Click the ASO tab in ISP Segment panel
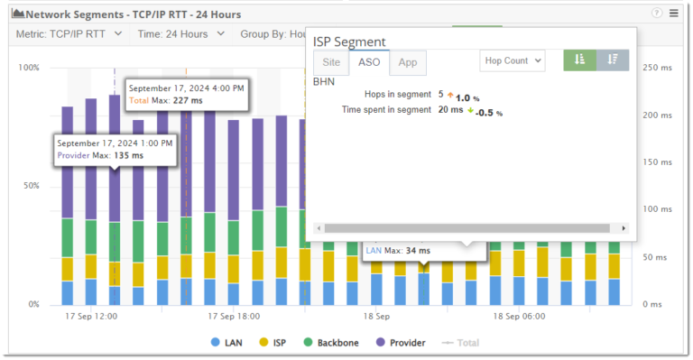369,62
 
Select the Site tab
330,62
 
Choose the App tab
408,62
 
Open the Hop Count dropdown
512,60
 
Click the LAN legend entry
226,343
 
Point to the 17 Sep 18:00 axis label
234,317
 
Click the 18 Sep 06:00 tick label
519,317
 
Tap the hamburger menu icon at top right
674,14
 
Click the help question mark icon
656,14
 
